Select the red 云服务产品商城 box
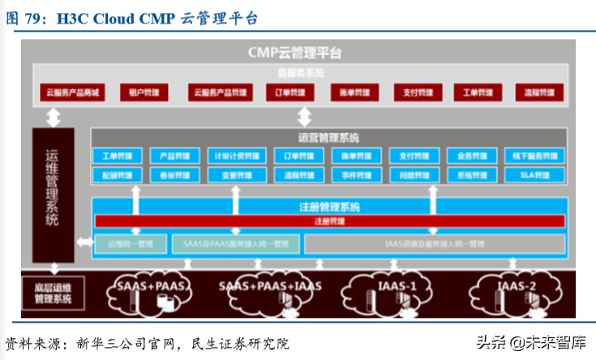click(72, 92)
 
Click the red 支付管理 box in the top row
click(414, 92)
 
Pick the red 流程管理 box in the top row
click(539, 92)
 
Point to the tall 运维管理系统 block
click(53, 195)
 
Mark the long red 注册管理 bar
click(329, 221)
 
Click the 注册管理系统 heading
click(329, 207)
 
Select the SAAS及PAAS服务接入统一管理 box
click(235, 242)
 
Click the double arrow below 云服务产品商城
click(54, 117)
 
